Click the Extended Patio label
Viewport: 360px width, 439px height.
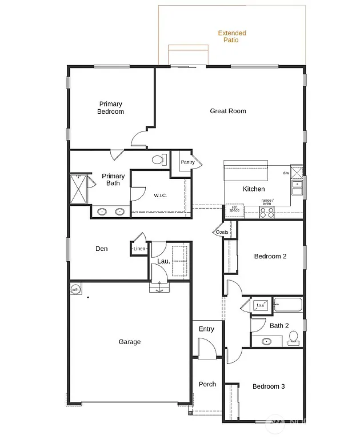point(232,37)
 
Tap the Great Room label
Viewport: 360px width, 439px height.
point(228,111)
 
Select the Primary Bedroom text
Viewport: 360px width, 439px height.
point(110,108)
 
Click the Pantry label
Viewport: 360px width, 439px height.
point(187,162)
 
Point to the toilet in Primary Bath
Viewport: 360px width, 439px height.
point(159,160)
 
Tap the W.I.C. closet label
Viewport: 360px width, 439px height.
point(160,195)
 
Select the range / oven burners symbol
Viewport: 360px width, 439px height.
point(267,211)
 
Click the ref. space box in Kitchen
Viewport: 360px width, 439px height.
point(234,210)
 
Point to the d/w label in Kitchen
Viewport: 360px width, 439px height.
point(286,173)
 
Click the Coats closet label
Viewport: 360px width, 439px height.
point(222,232)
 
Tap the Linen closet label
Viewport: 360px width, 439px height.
point(139,249)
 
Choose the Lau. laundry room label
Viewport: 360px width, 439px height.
point(163,262)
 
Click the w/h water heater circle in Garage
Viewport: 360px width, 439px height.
point(75,290)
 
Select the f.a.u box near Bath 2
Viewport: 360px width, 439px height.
point(261,306)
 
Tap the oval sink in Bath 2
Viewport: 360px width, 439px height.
point(266,342)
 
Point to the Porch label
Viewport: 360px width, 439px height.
point(207,384)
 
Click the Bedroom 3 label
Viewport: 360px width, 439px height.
point(269,386)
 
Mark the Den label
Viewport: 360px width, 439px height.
point(101,249)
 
